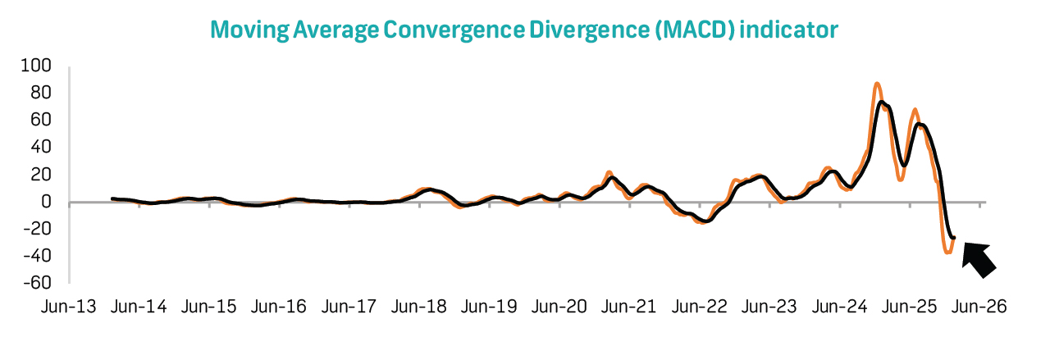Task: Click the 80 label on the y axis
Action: coord(42,93)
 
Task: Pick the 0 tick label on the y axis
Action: coord(47,202)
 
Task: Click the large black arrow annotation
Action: coord(979,257)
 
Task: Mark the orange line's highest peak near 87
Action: coord(877,84)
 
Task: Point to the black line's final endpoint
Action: coord(954,238)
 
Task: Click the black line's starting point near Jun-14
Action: coord(112,198)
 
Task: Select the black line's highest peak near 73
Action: coord(882,102)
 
